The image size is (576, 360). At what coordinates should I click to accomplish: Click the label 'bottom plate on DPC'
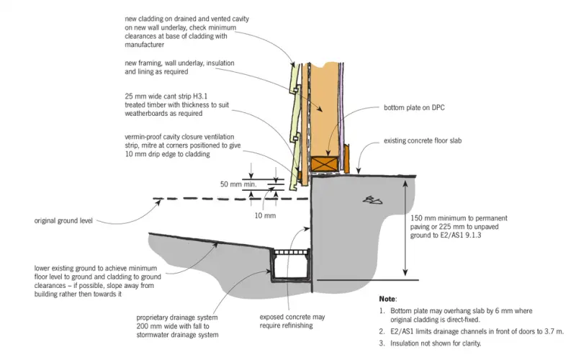click(x=414, y=107)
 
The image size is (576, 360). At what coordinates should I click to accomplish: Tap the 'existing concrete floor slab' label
click(x=423, y=140)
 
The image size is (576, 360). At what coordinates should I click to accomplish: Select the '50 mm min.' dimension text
click(x=238, y=184)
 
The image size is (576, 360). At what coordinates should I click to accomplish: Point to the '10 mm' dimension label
click(x=265, y=215)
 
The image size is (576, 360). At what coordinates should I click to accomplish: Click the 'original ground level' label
click(x=63, y=221)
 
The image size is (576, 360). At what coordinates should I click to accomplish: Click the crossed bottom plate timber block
click(x=324, y=164)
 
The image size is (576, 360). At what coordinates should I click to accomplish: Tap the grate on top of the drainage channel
click(x=292, y=253)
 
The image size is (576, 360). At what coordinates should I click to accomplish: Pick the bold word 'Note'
click(x=387, y=299)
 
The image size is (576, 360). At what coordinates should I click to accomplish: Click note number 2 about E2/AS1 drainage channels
click(x=472, y=332)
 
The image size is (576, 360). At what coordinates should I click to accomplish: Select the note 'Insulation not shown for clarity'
click(x=430, y=343)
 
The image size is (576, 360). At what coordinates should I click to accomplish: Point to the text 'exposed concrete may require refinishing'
click(x=292, y=321)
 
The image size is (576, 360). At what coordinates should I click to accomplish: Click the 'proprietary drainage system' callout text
click(x=177, y=326)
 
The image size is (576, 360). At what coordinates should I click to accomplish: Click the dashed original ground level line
click(x=230, y=199)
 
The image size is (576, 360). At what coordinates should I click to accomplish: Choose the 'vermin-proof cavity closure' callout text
click(x=183, y=145)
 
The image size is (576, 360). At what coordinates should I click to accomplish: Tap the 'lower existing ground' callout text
click(x=98, y=281)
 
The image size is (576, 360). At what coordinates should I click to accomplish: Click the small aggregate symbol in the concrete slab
click(x=372, y=200)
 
